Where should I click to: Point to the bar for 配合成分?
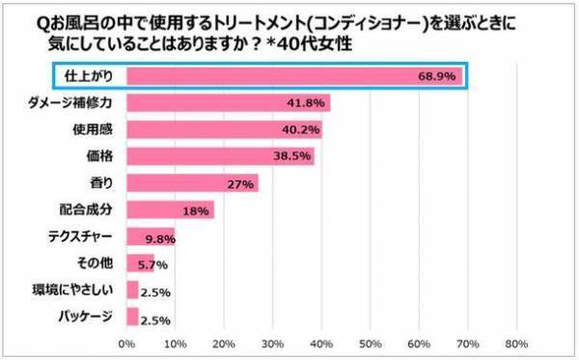[170, 209]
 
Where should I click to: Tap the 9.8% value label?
[158, 236]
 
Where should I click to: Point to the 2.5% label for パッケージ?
[154, 317]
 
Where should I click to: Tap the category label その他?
[96, 263]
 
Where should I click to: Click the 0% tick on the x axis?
[125, 343]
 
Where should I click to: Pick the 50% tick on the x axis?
[370, 343]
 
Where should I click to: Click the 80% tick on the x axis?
[515, 343]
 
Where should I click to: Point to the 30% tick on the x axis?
[272, 343]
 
